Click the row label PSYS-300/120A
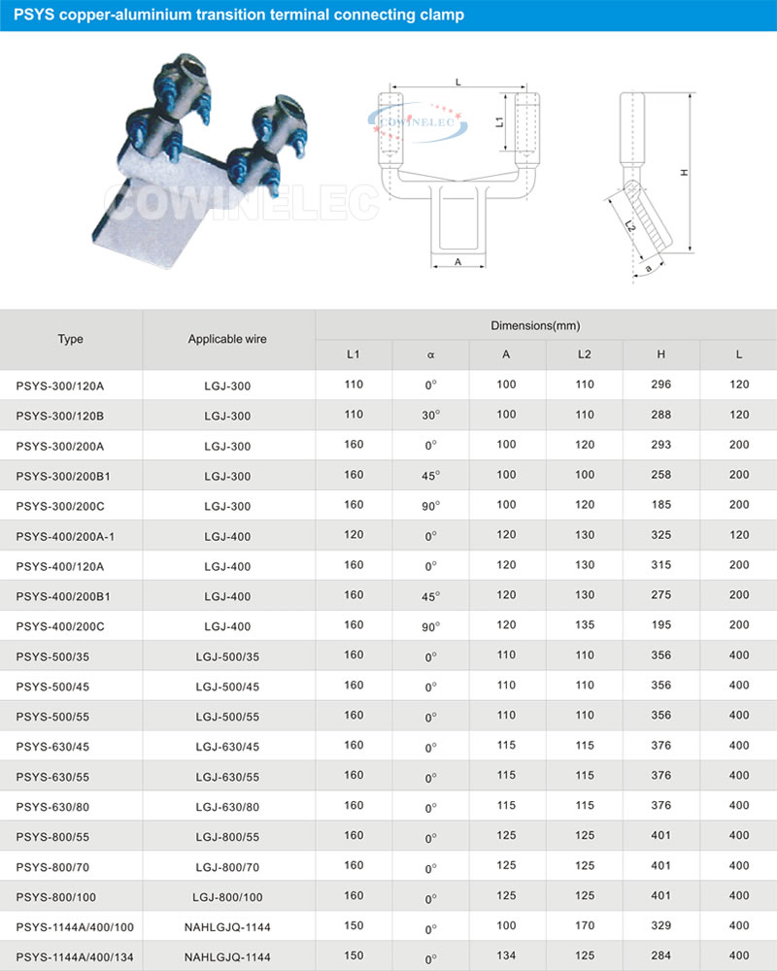pos(60,385)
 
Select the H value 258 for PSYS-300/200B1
pos(661,476)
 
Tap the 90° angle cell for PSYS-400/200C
pos(430,626)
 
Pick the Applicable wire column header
pos(227,339)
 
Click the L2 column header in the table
pos(584,354)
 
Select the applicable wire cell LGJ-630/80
pos(227,806)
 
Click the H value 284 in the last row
pos(661,956)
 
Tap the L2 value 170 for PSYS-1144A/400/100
pos(584,926)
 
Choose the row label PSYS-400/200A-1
pos(66,536)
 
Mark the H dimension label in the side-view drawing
pos(684,172)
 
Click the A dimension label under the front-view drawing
pos(456,262)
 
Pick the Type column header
pos(71,339)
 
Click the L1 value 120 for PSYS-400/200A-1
pos(354,536)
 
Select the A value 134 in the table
pos(506,956)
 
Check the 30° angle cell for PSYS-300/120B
pos(430,416)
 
